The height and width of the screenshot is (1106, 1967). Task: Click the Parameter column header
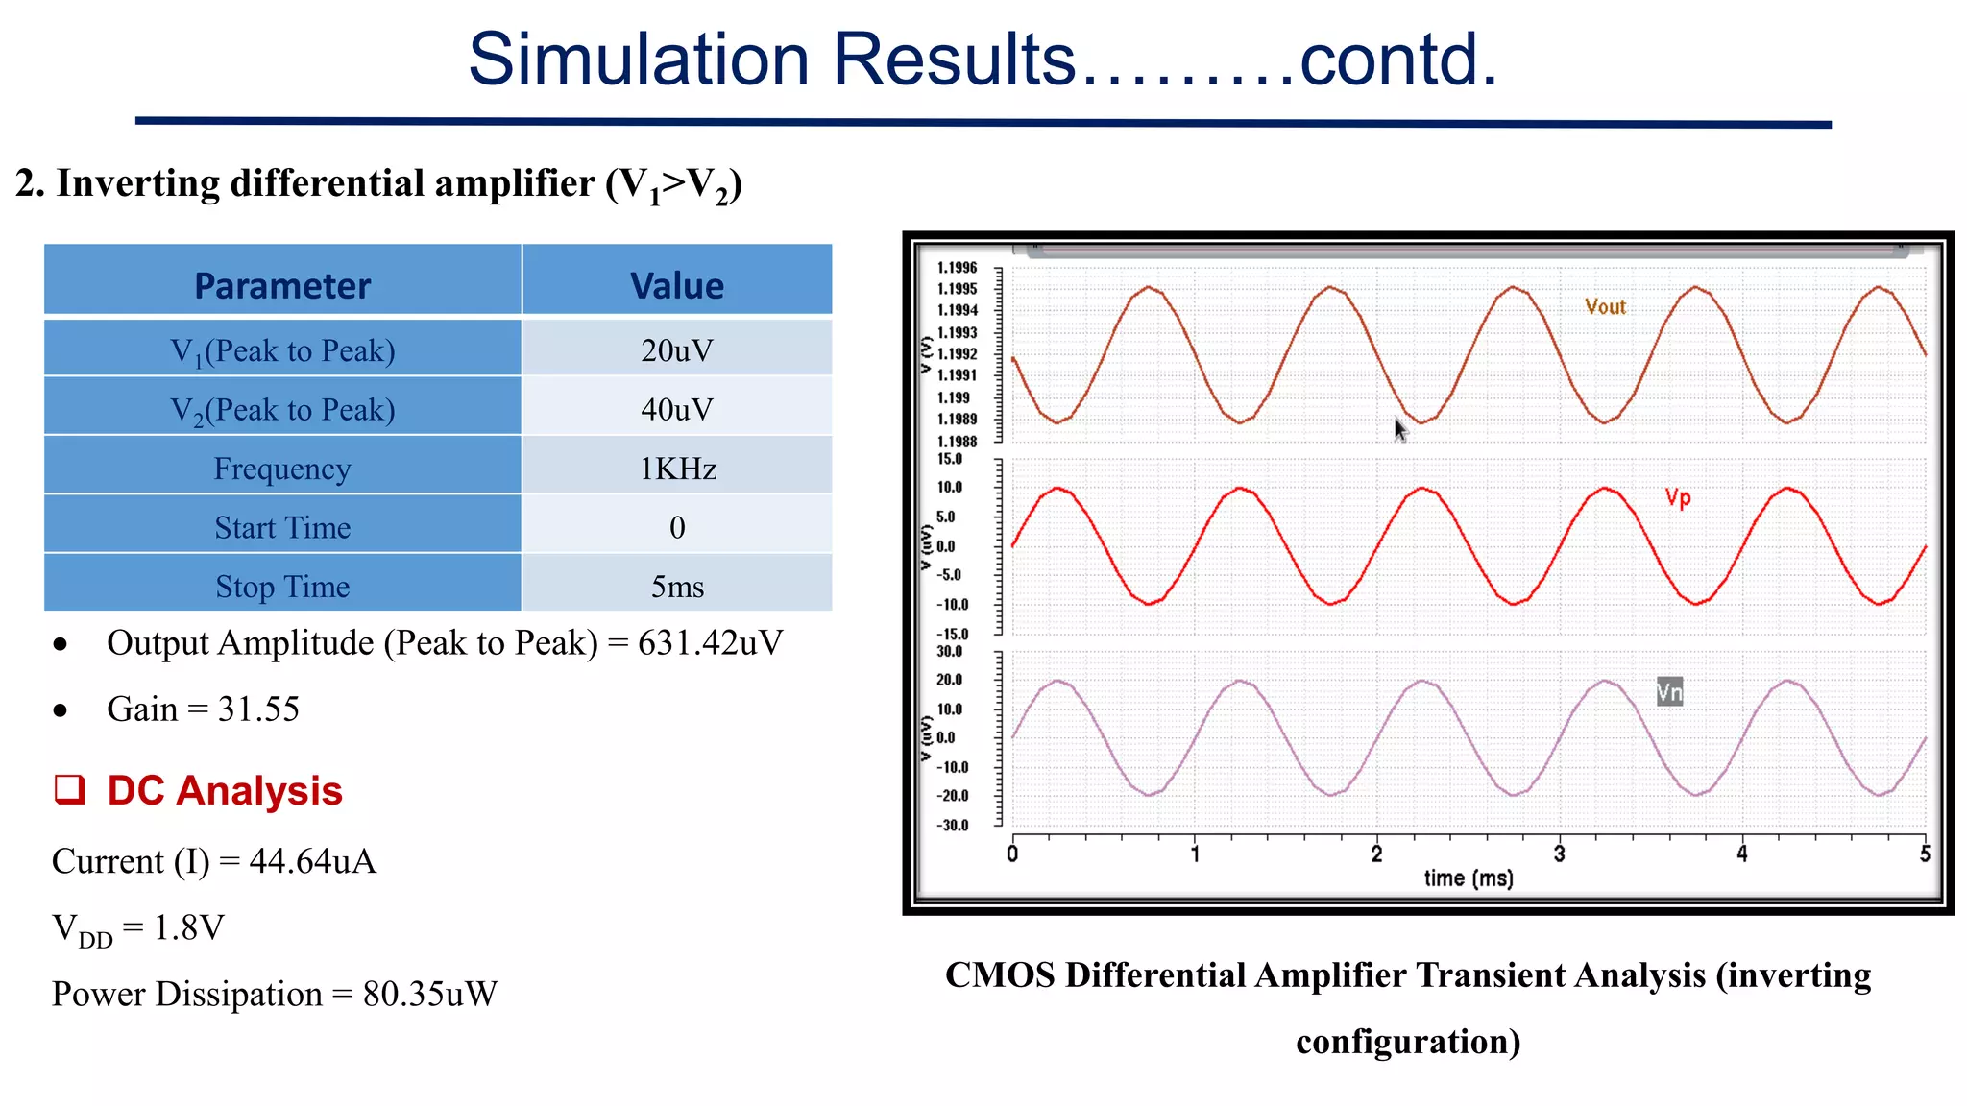282,286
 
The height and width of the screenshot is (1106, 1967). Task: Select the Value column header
677,286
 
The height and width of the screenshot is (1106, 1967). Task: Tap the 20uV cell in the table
677,350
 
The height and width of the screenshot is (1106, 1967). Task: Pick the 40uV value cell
677,410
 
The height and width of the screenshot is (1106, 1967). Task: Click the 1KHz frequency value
677,469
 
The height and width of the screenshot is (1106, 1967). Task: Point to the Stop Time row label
282,587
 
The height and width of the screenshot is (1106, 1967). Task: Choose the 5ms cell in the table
677,587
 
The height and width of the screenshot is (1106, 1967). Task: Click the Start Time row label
282,528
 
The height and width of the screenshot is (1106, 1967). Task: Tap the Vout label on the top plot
1605,307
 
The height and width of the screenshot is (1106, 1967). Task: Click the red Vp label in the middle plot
1678,497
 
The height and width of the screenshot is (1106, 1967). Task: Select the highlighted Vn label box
1669,692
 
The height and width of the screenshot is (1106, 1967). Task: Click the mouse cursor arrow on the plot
1400,430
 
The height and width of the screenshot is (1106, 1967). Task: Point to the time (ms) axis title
1468,878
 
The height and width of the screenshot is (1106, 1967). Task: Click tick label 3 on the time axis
1559,854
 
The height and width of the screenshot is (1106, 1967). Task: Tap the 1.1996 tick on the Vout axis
957,268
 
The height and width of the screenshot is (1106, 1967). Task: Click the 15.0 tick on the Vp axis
949,459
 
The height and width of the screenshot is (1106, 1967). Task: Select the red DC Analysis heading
225,791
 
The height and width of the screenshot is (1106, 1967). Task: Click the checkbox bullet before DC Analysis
69,789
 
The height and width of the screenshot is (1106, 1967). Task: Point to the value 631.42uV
710,643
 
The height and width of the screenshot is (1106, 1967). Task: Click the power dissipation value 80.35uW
429,995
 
